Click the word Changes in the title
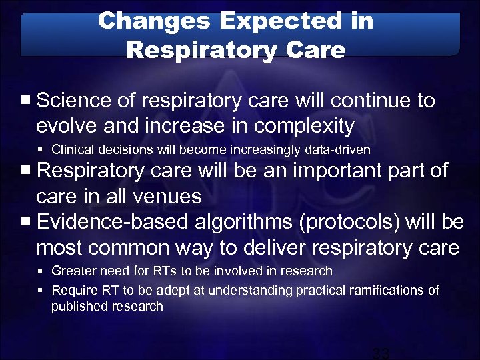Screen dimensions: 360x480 [x=151, y=21]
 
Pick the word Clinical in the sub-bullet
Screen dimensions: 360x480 [x=71, y=149]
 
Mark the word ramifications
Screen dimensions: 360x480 [x=380, y=291]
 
